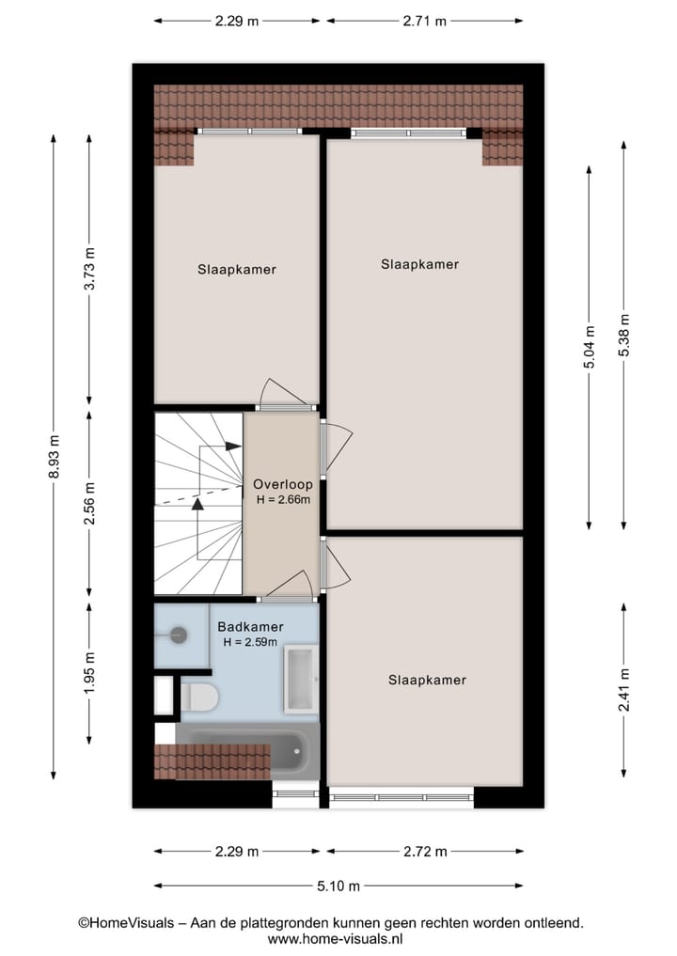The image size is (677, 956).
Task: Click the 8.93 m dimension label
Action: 54,458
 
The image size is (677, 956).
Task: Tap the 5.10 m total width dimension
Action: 338,885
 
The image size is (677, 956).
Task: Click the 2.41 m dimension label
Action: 623,690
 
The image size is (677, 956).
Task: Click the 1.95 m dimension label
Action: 89,673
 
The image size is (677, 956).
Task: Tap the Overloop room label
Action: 283,485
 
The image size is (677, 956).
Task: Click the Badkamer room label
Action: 250,627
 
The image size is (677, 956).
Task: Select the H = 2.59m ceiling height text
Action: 250,642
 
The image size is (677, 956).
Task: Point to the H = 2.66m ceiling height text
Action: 283,500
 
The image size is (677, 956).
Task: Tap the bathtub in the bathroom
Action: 248,751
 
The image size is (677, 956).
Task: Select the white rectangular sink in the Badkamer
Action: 302,678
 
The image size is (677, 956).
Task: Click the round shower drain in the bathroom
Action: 179,635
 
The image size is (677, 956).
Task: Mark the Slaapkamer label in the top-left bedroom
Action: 237,269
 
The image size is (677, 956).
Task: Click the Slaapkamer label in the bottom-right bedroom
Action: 427,680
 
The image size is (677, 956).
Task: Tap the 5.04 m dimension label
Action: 590,347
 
